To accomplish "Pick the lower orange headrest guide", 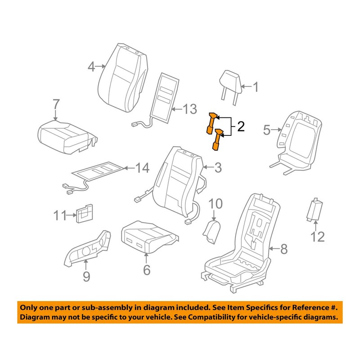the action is click(x=217, y=138).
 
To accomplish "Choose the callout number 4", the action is click(x=92, y=67).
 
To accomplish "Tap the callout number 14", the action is click(x=142, y=169).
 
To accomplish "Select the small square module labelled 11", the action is click(x=85, y=215).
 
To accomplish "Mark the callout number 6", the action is click(x=147, y=270).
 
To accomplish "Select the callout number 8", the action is click(x=283, y=248).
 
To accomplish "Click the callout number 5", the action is click(x=266, y=130).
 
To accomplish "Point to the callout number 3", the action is click(x=218, y=168).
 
